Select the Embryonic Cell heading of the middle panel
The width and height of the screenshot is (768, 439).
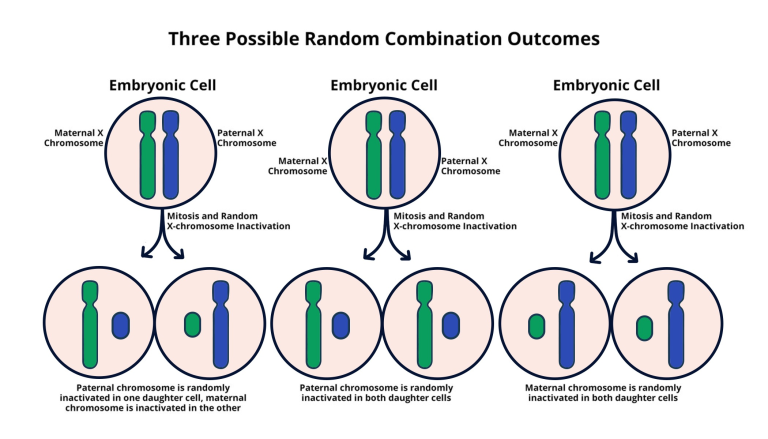(384, 85)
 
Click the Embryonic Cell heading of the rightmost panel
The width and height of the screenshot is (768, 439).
(606, 85)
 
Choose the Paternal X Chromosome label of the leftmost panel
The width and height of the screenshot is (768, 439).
(240, 137)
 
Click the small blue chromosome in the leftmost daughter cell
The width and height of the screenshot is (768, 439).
(121, 325)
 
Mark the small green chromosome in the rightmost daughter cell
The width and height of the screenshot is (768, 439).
(644, 326)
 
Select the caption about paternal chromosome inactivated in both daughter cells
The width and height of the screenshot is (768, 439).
(376, 393)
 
